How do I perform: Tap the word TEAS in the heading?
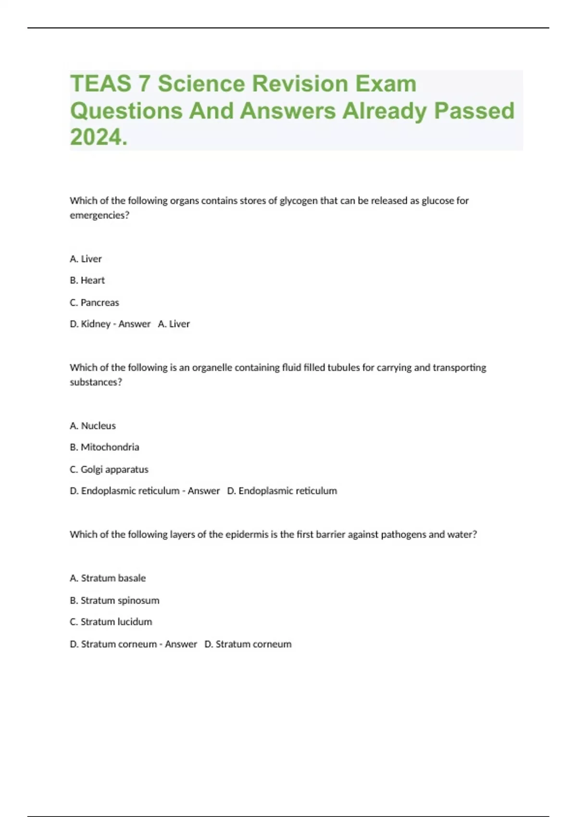click(100, 84)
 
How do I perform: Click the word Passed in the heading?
click(474, 111)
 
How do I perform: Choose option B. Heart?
click(87, 280)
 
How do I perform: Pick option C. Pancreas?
click(94, 302)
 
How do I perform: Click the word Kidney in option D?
click(96, 324)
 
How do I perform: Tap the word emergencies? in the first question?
click(100, 215)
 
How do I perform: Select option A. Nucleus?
click(93, 426)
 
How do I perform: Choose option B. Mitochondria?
click(104, 447)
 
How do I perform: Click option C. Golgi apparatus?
click(109, 469)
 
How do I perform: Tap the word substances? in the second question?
click(96, 382)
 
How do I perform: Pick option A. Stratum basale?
click(108, 578)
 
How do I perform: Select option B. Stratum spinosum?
click(114, 600)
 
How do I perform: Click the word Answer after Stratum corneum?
click(181, 644)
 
